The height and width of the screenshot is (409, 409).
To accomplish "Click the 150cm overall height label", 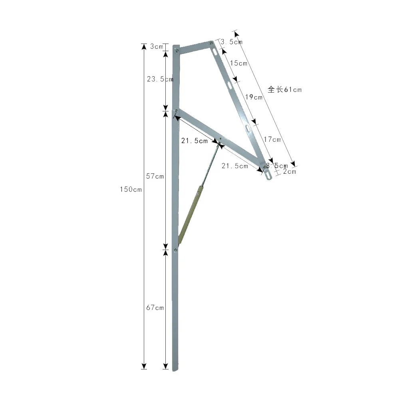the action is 131,189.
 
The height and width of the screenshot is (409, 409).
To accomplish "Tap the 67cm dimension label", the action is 155,308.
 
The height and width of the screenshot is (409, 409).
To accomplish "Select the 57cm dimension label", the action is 155,176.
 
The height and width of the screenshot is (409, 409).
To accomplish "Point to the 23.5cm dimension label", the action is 160,79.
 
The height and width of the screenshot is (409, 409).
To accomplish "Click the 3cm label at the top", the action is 157,47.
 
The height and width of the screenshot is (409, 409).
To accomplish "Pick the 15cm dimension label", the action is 239,63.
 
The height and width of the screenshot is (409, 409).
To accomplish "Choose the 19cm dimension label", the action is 254,97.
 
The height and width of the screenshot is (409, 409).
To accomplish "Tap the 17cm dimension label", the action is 272,139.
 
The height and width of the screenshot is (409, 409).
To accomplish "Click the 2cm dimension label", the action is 290,171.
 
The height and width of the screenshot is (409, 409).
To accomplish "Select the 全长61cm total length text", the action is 284,89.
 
